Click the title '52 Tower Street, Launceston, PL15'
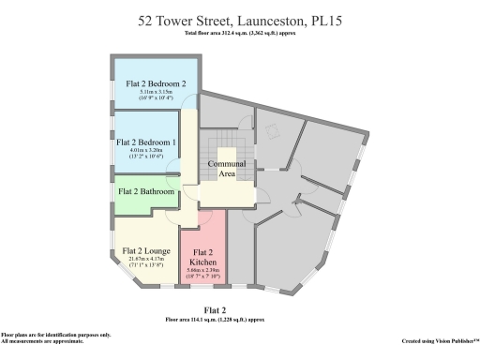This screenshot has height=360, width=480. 241,20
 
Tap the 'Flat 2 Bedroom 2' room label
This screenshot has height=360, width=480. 156,82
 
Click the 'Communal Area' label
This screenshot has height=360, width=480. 228,168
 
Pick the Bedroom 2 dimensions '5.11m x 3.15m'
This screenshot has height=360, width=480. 155,93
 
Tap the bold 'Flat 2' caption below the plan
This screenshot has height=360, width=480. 215,309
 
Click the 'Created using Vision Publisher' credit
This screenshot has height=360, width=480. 440,341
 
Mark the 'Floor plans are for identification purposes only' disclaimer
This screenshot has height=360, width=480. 55,335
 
